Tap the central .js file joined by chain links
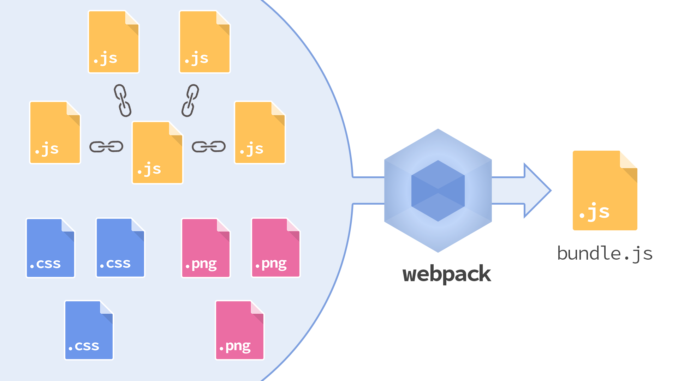tap(157, 153)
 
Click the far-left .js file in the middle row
tap(55, 133)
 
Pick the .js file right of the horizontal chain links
tap(260, 133)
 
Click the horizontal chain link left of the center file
tap(106, 146)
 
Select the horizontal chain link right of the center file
tap(208, 146)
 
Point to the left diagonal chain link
tap(123, 101)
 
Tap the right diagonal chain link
tap(190, 101)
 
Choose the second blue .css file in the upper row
tap(120, 248)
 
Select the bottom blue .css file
tap(89, 330)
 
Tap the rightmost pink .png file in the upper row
tap(275, 248)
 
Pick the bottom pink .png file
tap(239, 330)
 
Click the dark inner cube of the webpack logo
tap(438, 191)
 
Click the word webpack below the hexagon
tap(447, 274)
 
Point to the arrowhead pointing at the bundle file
tap(537, 190)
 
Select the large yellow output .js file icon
tap(605, 191)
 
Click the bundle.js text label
tap(605, 254)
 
